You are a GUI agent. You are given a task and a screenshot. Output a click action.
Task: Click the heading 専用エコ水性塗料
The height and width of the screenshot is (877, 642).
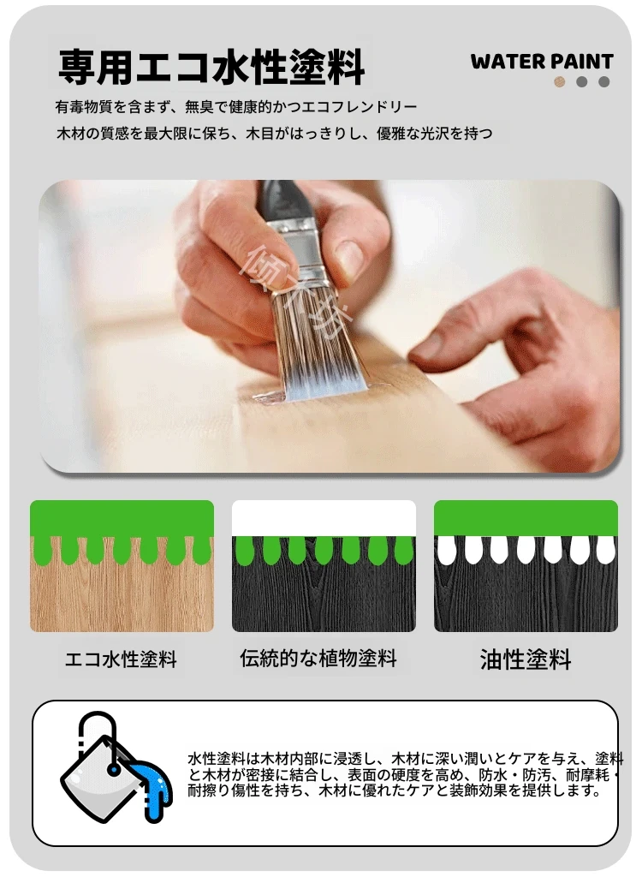click(x=211, y=67)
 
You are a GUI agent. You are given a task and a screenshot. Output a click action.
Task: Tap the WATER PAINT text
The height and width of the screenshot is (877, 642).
click(x=542, y=62)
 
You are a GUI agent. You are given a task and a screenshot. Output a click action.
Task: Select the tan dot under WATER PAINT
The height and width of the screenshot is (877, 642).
click(x=559, y=81)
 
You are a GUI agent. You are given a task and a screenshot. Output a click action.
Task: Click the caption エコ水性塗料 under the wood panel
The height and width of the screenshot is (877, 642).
click(x=121, y=659)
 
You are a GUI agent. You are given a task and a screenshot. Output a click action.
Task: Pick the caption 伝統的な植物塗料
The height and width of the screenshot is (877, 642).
click(x=318, y=659)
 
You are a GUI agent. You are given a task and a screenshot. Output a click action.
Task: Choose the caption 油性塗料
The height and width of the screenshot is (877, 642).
click(x=526, y=659)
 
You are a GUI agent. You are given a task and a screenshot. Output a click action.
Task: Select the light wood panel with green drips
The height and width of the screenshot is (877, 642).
click(x=122, y=566)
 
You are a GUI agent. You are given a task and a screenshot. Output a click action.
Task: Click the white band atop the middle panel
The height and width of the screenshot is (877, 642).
click(x=324, y=518)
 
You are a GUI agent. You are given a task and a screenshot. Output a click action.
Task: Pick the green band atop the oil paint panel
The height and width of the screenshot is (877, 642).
click(x=526, y=518)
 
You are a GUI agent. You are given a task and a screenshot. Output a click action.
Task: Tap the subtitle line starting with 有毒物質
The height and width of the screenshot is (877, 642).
click(x=236, y=106)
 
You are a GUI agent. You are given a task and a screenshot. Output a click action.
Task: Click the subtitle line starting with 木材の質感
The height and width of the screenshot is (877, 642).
click(x=275, y=134)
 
